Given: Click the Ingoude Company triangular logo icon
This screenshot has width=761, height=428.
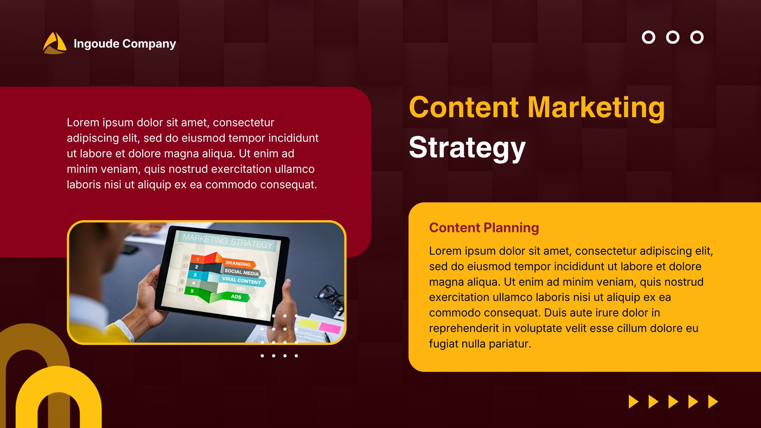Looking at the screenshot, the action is [x=55, y=43].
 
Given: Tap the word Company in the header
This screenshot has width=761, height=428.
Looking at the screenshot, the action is [x=149, y=44].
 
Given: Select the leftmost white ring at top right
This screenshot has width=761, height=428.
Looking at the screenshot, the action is [x=649, y=38].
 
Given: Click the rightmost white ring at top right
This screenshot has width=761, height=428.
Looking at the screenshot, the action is [x=697, y=38].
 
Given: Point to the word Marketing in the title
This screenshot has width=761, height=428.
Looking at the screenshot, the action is [x=596, y=107].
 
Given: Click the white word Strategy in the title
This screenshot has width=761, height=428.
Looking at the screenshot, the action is [x=467, y=148].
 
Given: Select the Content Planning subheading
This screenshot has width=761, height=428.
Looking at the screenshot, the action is [x=484, y=228].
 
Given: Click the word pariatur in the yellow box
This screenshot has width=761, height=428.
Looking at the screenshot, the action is [x=509, y=344].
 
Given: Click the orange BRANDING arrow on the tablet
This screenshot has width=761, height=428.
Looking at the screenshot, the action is [x=238, y=263].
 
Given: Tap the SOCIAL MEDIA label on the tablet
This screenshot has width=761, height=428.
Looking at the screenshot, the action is [x=242, y=272].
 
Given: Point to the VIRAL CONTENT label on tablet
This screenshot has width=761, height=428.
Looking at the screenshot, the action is [x=242, y=280].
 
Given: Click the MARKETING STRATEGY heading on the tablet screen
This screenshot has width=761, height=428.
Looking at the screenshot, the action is [x=228, y=241].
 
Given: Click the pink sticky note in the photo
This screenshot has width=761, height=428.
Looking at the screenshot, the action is [x=330, y=328].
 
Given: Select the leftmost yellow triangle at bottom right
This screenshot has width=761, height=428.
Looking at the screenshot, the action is [x=634, y=401].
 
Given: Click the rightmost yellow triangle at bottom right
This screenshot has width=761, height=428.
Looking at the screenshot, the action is [x=713, y=401].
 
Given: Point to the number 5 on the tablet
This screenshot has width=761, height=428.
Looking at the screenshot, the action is [x=192, y=291].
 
